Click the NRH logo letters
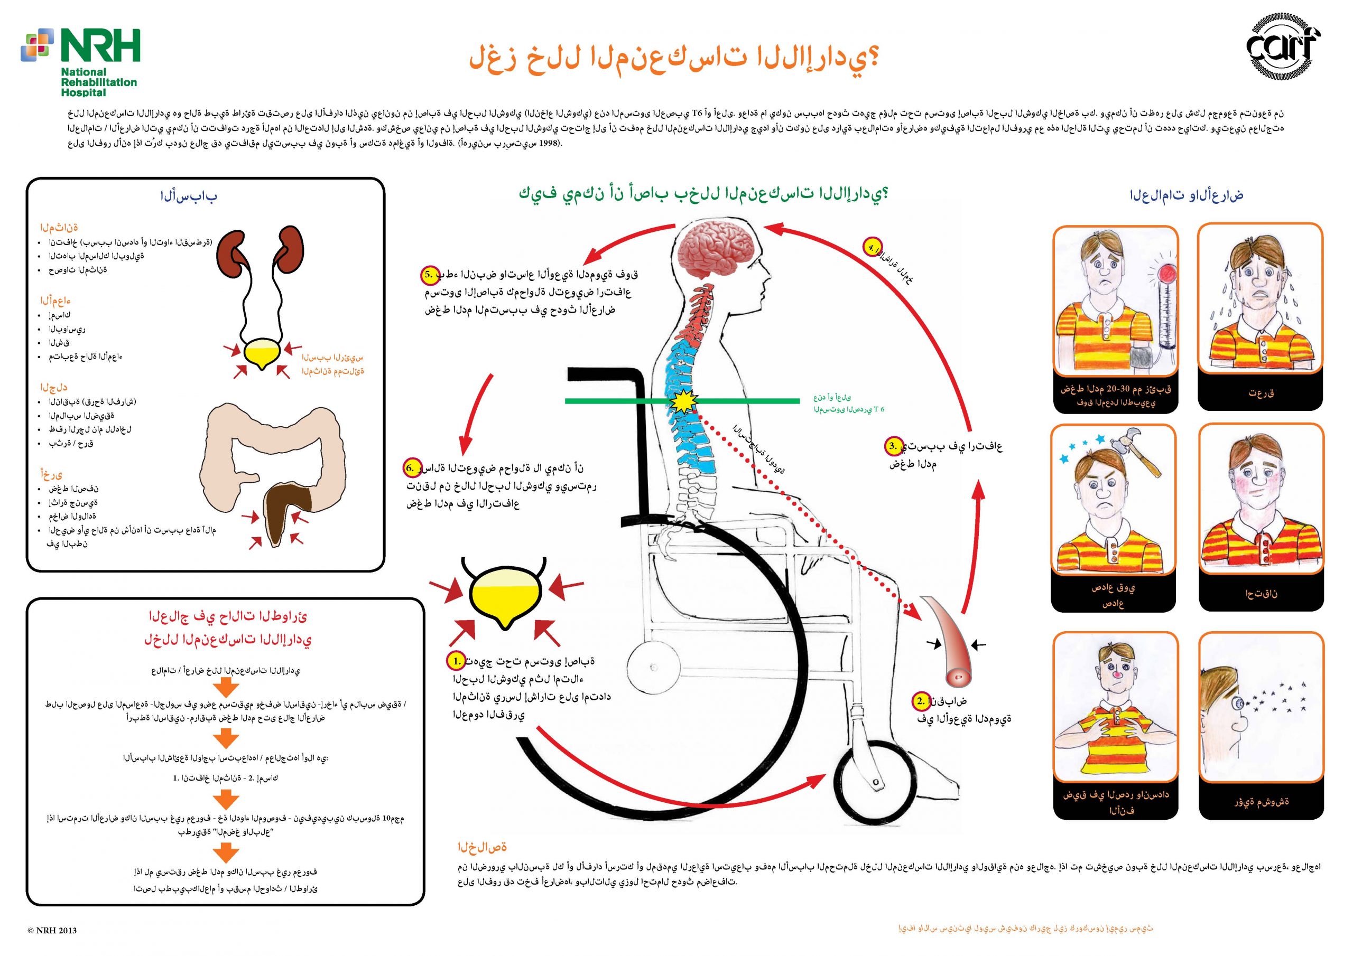100,46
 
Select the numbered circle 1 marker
456,661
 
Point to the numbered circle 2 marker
921,701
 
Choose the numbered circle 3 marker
893,446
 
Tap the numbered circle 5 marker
429,275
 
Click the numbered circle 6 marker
411,468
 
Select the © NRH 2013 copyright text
52,931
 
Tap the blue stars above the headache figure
1082,448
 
